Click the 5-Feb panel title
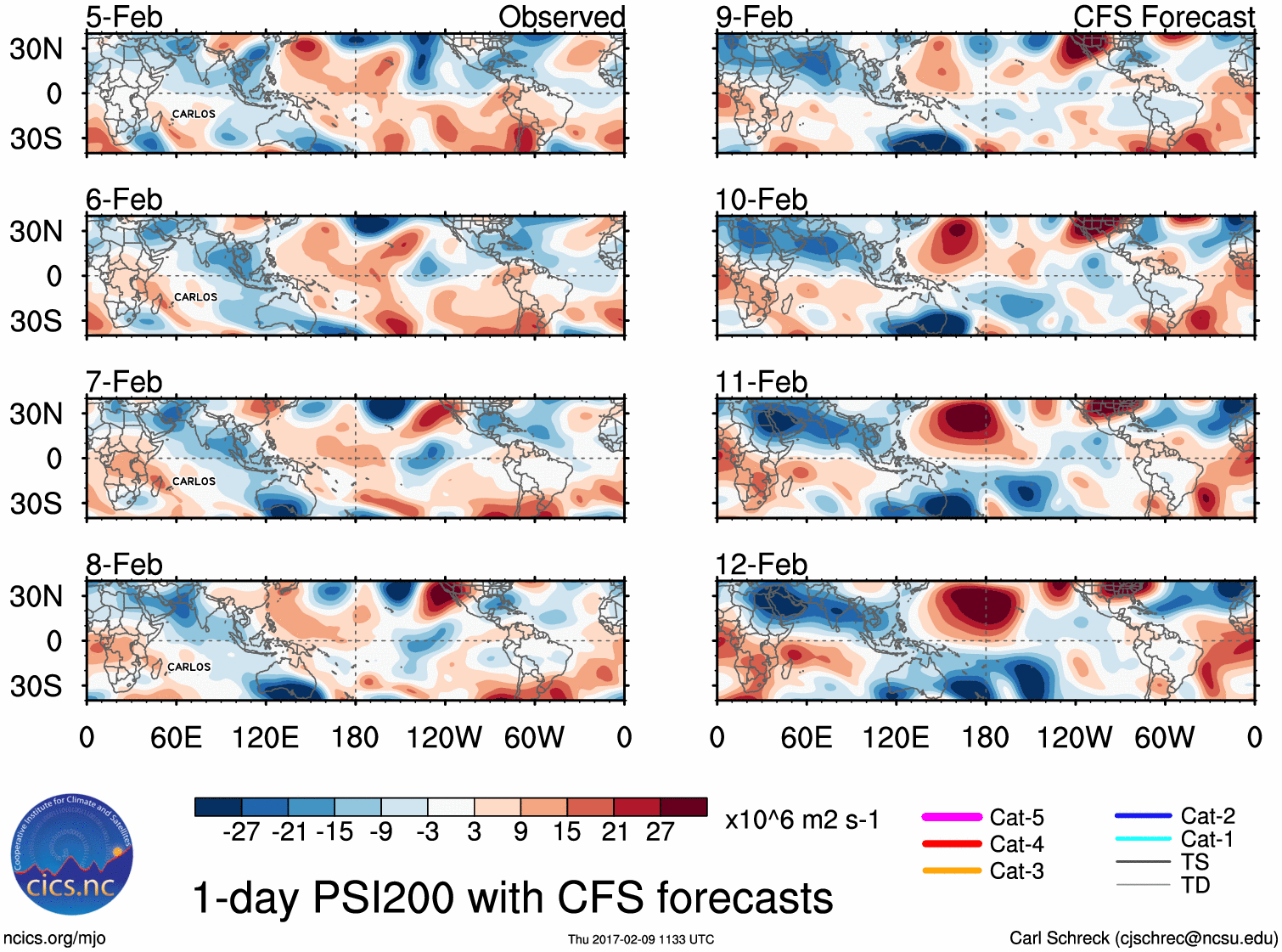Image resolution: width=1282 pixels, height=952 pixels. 124,17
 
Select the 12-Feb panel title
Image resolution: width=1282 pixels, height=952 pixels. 761,565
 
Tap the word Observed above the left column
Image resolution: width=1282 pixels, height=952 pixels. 561,17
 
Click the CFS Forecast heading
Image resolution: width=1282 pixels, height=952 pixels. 1163,17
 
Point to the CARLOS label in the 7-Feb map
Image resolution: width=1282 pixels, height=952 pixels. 194,482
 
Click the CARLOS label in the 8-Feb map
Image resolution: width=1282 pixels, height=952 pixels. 188,668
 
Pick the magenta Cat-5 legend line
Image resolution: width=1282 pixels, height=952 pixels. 952,817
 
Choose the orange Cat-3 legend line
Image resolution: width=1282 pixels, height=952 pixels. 952,870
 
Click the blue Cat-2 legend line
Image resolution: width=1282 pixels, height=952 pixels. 1143,816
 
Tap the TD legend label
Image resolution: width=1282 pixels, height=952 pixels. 1195,886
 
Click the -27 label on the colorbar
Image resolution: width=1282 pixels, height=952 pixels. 241,832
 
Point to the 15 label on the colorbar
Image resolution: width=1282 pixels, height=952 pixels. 567,832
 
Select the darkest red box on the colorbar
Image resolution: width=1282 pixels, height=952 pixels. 683,807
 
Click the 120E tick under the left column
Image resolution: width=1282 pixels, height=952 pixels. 266,737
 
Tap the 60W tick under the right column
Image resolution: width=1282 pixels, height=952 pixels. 1165,737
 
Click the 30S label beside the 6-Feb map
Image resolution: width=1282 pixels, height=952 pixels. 37,321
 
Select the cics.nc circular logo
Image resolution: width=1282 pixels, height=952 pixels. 72,855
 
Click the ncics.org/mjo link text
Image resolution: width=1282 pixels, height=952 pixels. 54,938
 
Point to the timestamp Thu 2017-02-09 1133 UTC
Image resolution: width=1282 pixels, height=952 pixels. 641,939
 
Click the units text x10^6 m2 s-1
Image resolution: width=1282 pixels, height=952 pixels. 801,820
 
